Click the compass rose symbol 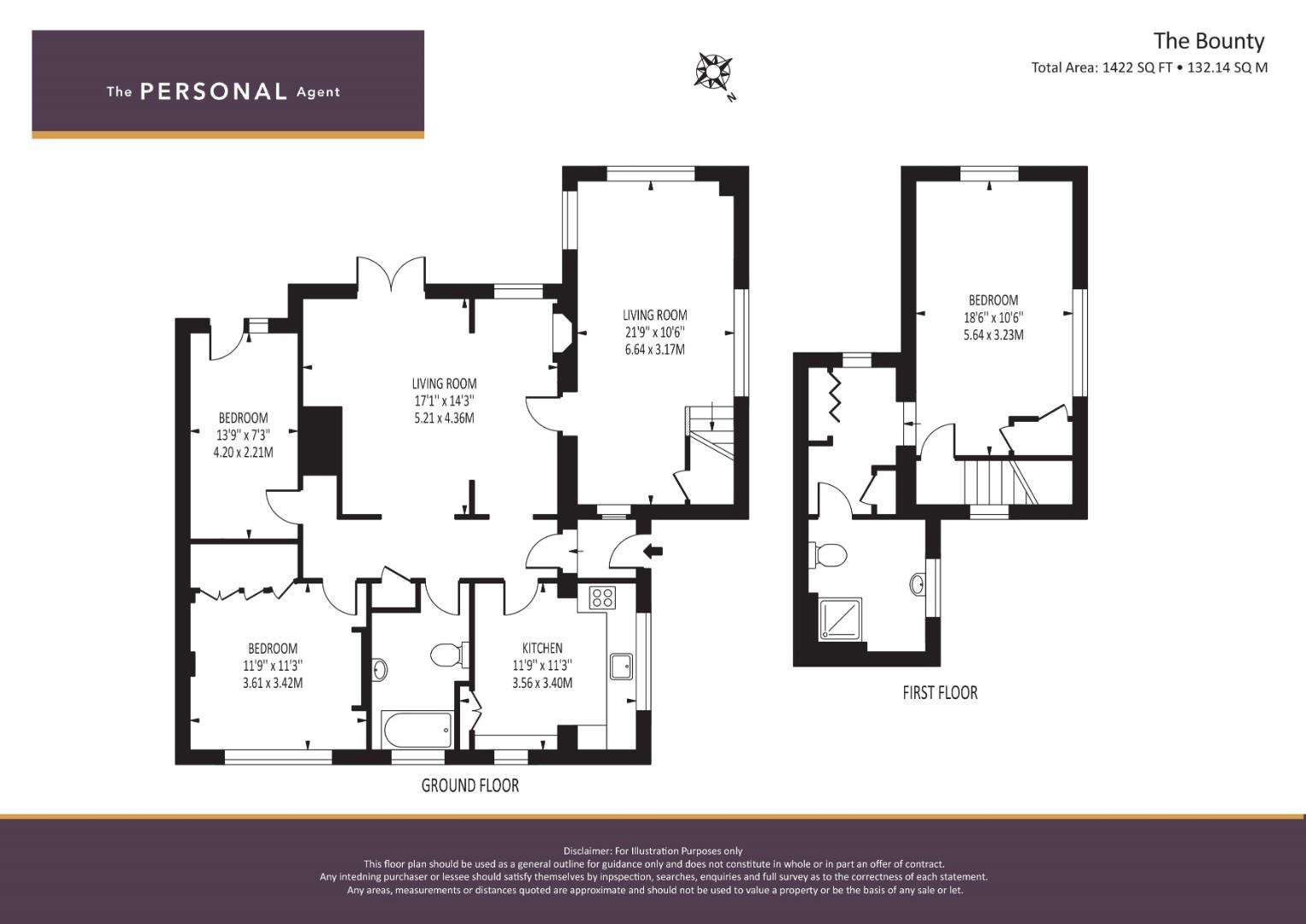pos(713,73)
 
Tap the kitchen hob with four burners pos(602,597)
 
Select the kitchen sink pos(621,666)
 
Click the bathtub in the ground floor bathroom pos(417,730)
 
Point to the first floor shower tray pos(841,619)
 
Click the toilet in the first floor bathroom pos(827,554)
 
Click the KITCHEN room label pos(542,648)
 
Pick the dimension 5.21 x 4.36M pos(444,418)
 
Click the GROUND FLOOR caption pos(470,785)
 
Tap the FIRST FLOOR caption pos(940,692)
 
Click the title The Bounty pos(1209,41)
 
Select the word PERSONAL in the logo pos(214,92)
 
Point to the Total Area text pos(1149,67)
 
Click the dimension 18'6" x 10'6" pos(994,318)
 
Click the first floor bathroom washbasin pos(917,583)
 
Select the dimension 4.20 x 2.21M pos(243,452)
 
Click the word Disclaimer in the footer pos(588,851)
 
